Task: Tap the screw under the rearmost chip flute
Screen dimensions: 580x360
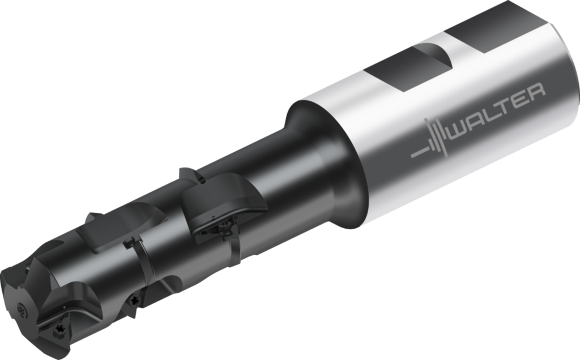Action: point(225,226)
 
